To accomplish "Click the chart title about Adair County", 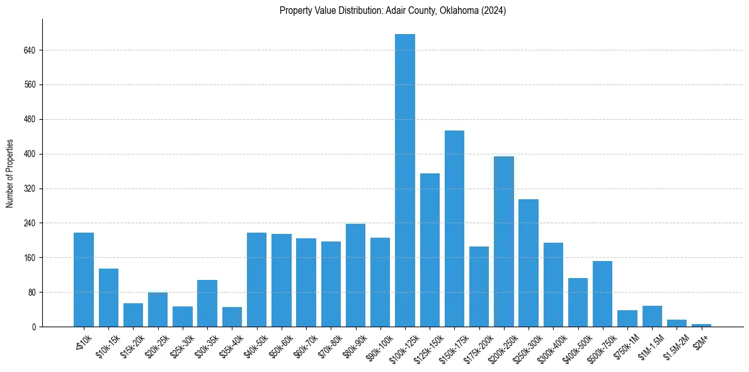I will (392, 11).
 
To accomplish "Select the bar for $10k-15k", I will (108, 298).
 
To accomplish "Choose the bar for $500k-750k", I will (602, 294).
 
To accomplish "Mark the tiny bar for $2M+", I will (701, 325).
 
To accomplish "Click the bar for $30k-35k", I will (207, 303).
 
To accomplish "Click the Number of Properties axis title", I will (9, 173).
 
